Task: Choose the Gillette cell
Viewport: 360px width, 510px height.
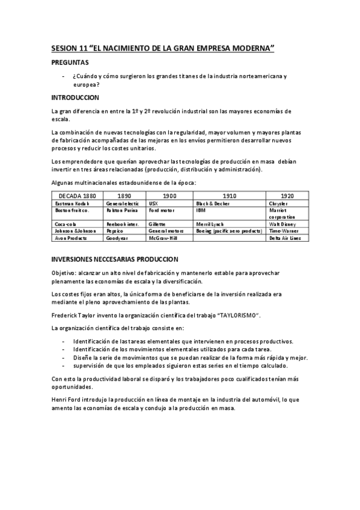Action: pyautogui.click(x=157, y=223)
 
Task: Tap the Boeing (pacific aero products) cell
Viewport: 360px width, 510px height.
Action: pyautogui.click(x=229, y=230)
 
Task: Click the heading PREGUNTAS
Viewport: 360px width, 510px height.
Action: pyautogui.click(x=70, y=62)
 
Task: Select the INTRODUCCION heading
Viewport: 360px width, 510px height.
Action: pyautogui.click(x=75, y=97)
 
